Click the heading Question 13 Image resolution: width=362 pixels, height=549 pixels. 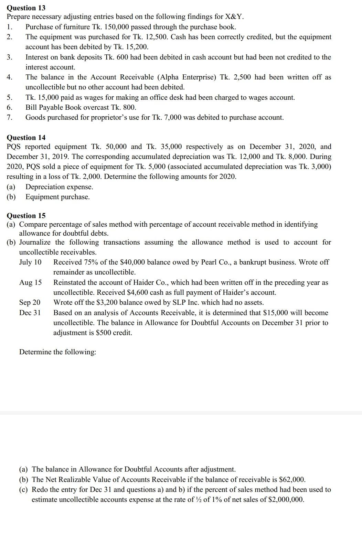[26, 8]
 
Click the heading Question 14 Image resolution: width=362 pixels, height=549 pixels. [26, 138]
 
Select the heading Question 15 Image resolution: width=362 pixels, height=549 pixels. [26, 216]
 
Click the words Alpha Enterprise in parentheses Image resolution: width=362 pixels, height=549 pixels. [186, 77]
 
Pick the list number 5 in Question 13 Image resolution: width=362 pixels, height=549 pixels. [9, 97]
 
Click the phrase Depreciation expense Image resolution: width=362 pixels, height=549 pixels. [59, 187]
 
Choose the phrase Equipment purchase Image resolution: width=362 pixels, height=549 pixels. [57, 197]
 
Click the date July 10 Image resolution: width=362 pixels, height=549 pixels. [30, 262]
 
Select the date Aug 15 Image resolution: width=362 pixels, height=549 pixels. [30, 282]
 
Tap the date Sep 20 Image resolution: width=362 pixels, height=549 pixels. [30, 302]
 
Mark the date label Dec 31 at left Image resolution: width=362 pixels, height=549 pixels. [30, 313]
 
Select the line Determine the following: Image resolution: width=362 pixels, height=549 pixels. [57, 352]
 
